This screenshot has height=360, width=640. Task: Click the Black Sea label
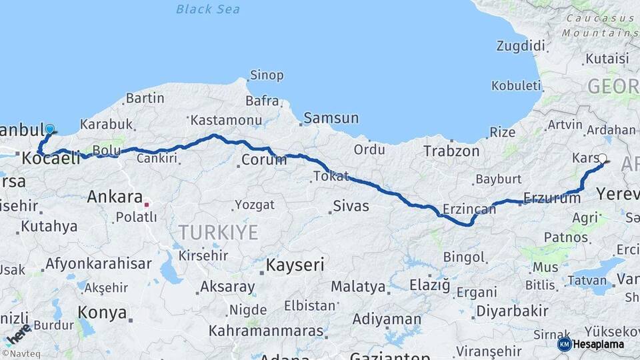[x=208, y=9]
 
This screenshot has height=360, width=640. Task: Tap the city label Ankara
[x=115, y=197]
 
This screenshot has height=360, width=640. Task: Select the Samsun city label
[x=331, y=119]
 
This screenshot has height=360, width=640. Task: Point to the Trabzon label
[x=451, y=151]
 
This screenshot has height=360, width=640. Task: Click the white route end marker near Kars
[x=602, y=159]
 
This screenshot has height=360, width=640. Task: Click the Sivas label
[x=351, y=206]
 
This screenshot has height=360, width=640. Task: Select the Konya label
[x=102, y=312]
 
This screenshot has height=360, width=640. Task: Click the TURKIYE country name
[x=217, y=232]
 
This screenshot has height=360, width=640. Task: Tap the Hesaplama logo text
[x=600, y=344]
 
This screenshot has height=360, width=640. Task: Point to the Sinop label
[x=267, y=75]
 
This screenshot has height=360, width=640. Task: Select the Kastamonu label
[x=225, y=121]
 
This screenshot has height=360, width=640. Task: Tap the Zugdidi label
[x=520, y=46]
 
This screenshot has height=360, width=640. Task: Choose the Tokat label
[x=331, y=177]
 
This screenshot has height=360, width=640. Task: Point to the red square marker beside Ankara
[x=147, y=205]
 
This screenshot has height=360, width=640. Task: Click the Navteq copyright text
[x=19, y=354]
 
